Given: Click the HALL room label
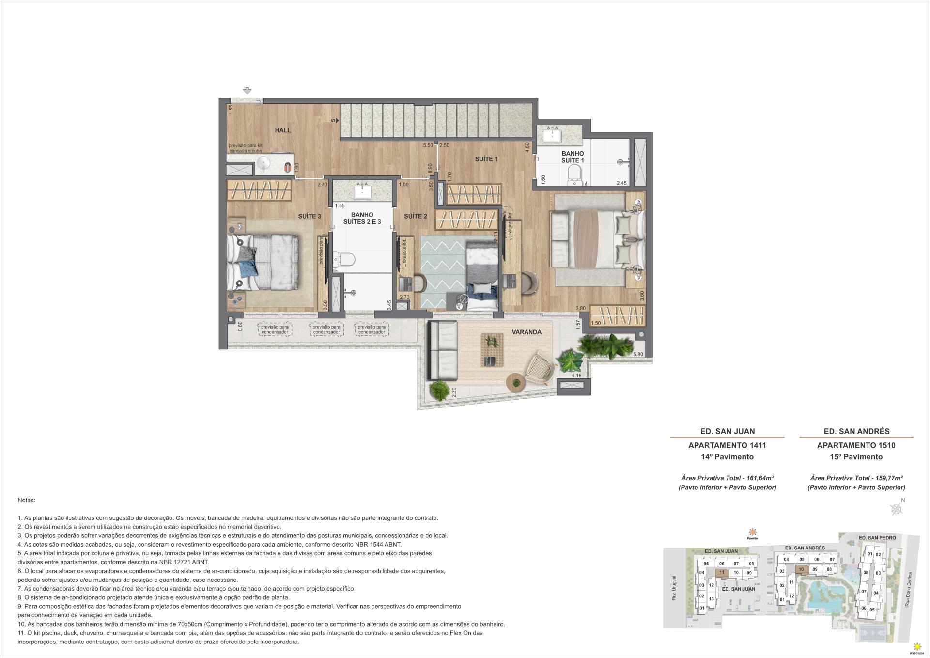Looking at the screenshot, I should coord(283,130).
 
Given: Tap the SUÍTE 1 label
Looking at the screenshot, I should coord(486,159).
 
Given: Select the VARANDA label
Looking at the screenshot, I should coord(527,332).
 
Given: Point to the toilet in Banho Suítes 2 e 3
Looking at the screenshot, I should coord(346,260).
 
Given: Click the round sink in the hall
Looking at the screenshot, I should coord(263,164).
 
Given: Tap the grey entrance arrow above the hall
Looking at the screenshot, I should coord(247,91).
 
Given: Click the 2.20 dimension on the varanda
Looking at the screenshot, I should coord(454,392).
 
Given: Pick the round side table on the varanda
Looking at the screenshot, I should coord(515,382).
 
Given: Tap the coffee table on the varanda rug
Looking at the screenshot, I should coord(492,350).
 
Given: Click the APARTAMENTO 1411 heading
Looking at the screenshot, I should coord(727,445).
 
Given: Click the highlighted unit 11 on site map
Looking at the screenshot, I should coord(722,572).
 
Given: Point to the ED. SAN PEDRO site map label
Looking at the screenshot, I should coord(877,538).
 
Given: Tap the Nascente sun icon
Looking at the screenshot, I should coord(916,646).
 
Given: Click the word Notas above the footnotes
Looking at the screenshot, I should coord(26,500).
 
